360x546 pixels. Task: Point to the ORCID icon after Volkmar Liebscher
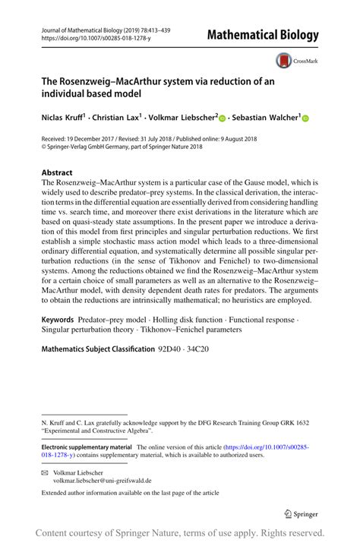pyautogui.click(x=223, y=118)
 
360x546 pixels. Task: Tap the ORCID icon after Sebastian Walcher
pyautogui.click(x=307, y=118)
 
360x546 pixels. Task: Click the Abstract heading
pyautogui.click(x=58, y=172)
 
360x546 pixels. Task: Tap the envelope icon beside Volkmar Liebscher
pyautogui.click(x=45, y=472)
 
